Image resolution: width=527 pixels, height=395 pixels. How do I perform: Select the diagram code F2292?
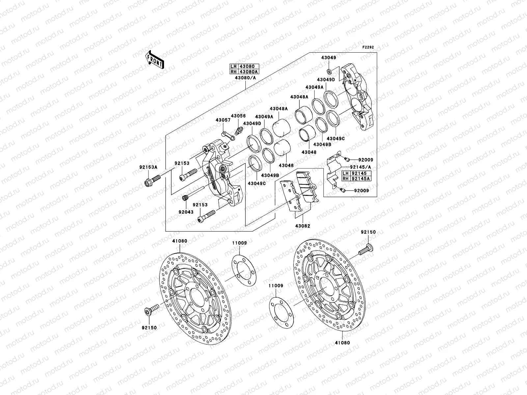point(369,47)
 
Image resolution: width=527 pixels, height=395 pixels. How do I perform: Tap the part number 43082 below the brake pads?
point(302,226)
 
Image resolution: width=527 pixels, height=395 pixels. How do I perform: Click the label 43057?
point(223,120)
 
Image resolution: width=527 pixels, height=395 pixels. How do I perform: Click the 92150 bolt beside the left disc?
point(151,309)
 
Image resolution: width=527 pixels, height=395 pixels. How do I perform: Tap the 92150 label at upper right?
point(368,232)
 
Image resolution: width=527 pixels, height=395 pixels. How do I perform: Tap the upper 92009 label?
point(361,160)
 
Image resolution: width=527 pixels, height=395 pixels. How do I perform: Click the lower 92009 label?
point(361,191)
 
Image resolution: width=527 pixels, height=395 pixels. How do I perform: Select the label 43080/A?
point(246,78)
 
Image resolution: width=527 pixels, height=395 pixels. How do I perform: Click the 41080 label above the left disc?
point(179,241)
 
